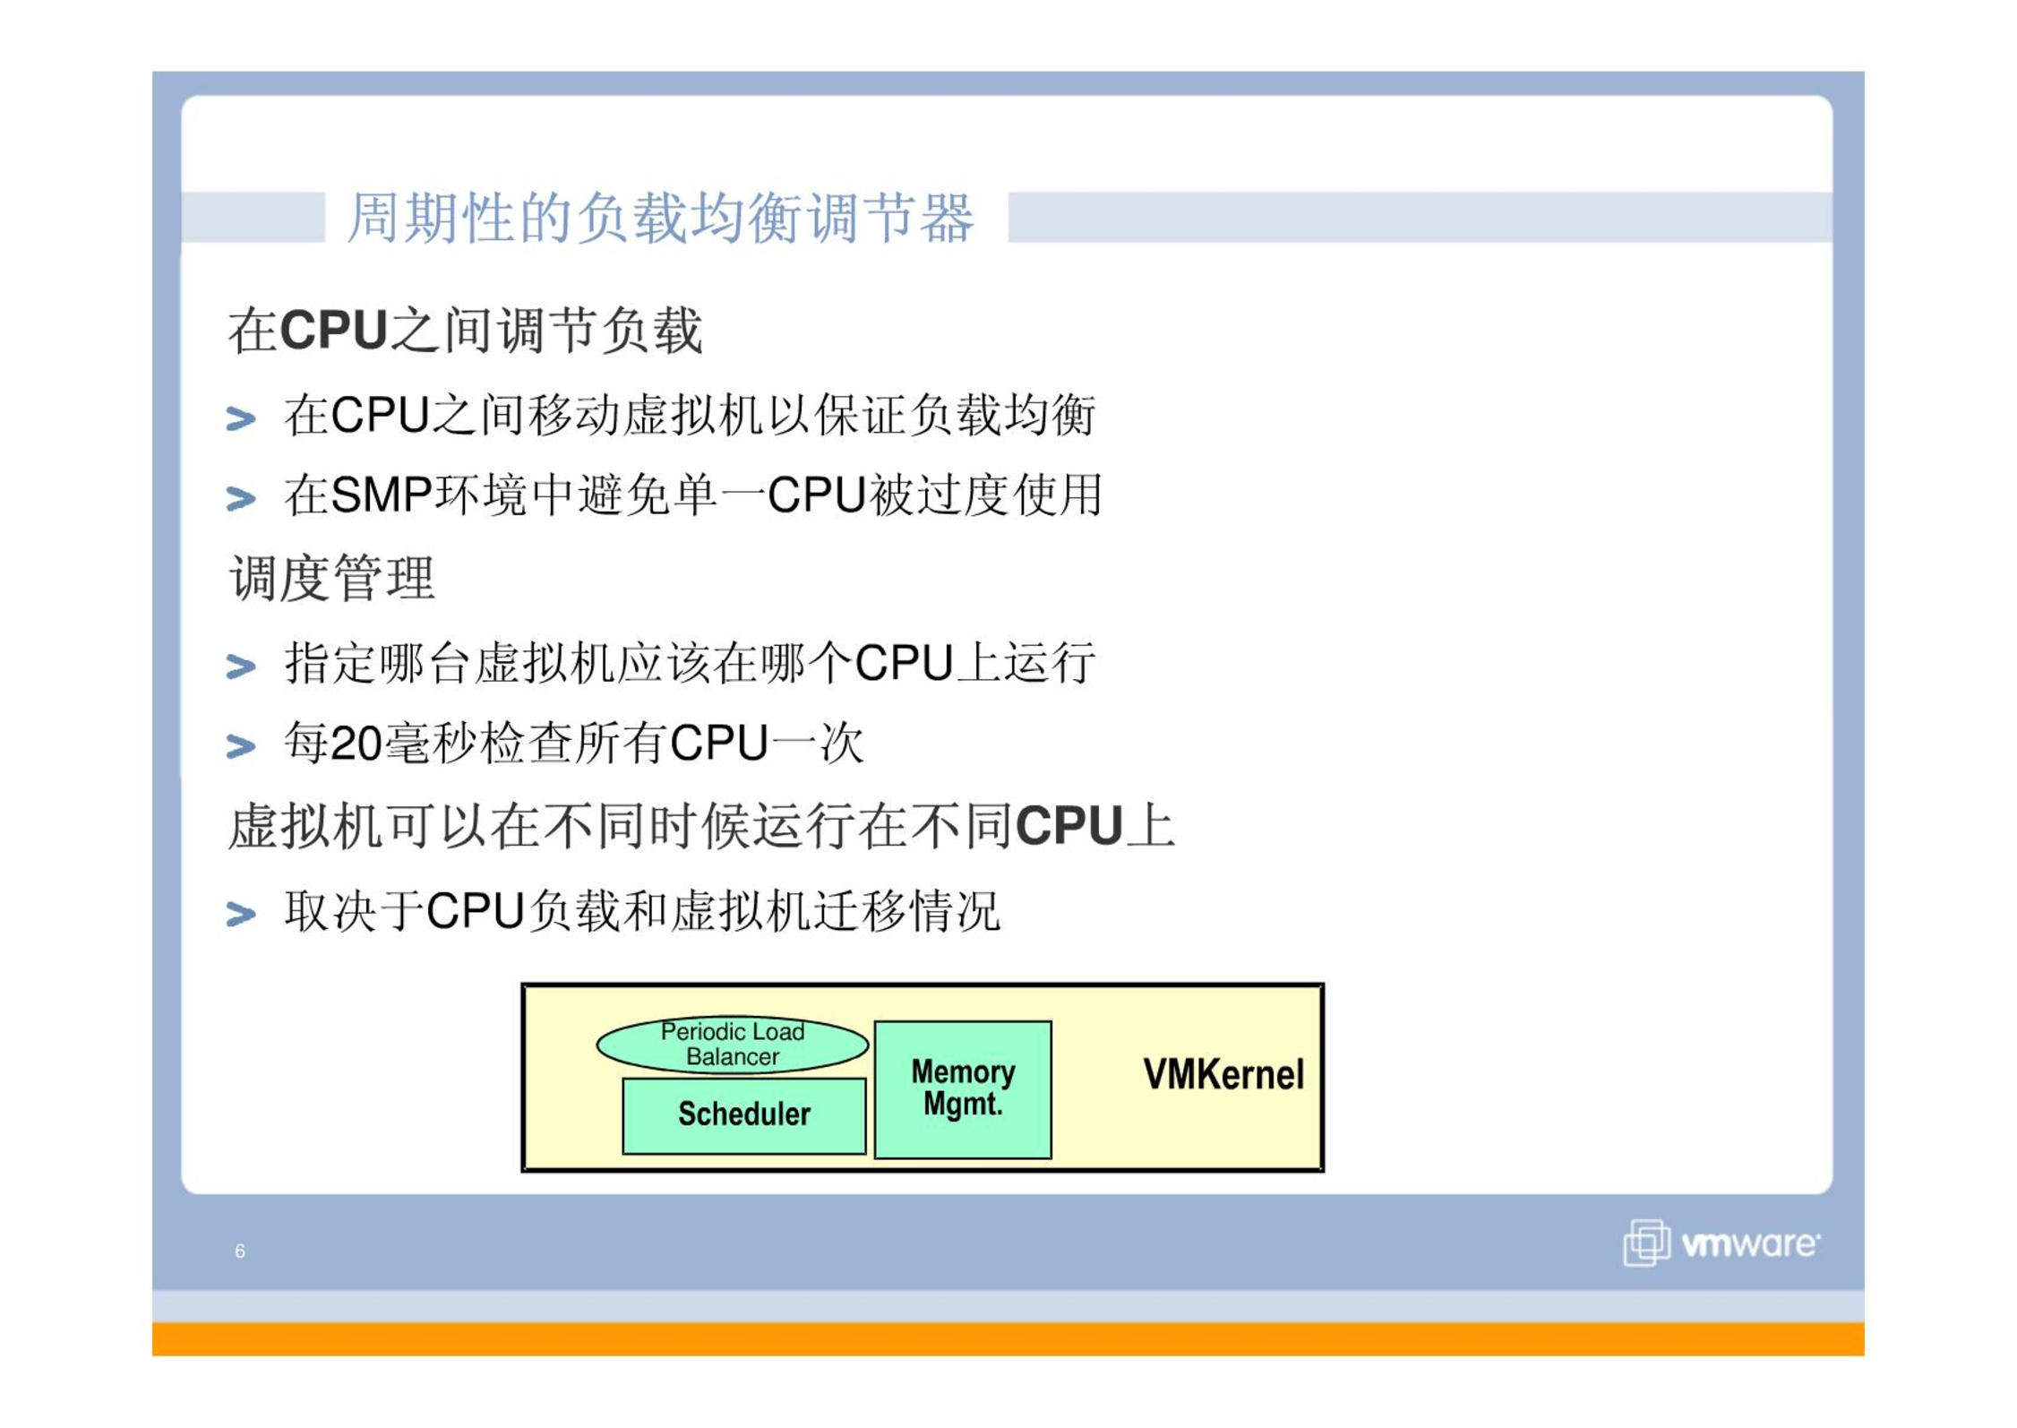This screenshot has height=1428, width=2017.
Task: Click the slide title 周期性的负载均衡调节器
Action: tap(660, 218)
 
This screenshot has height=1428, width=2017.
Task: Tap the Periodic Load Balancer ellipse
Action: tap(732, 1044)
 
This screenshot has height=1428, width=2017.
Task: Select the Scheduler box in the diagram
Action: tap(744, 1115)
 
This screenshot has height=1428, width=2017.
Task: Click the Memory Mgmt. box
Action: tap(963, 1089)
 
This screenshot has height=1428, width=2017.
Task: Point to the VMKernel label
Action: tap(1223, 1074)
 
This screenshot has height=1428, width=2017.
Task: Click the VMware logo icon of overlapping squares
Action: tap(1646, 1243)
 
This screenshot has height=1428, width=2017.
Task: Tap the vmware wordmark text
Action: tap(1750, 1244)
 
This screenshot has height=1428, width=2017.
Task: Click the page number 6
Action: tap(240, 1251)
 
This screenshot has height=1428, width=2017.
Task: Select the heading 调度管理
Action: tap(332, 578)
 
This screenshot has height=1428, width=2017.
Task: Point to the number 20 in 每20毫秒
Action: tap(356, 744)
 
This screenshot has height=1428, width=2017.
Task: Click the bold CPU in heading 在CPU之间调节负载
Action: tap(333, 330)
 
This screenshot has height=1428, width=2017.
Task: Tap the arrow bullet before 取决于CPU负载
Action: tap(241, 914)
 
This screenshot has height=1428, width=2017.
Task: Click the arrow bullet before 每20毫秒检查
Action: tap(241, 745)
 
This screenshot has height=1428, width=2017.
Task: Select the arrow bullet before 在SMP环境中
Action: tap(241, 497)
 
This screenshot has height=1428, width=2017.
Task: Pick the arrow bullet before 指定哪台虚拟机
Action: tap(241, 667)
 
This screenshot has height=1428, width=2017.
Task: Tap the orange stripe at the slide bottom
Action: tap(1008, 1339)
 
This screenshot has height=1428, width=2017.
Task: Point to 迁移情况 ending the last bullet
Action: tap(906, 911)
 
